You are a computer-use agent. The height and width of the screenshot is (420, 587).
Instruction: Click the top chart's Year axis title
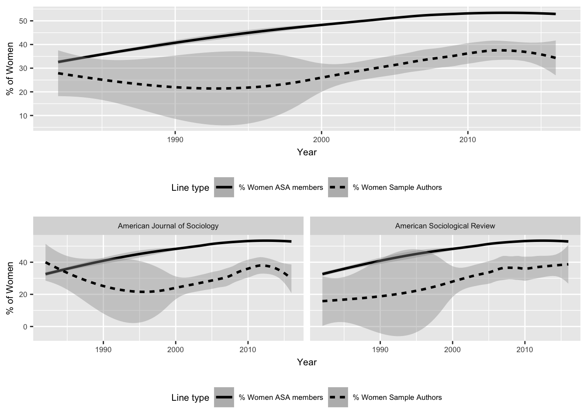point(307,152)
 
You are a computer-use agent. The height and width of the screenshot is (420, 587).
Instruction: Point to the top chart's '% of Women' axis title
point(10,68)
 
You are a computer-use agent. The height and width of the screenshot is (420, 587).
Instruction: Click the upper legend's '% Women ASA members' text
point(281,188)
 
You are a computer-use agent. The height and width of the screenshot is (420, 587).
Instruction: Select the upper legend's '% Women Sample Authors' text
point(397,188)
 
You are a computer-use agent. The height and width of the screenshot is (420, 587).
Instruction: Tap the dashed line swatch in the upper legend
point(338,188)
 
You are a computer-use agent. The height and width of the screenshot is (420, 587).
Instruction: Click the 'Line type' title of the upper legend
point(190,188)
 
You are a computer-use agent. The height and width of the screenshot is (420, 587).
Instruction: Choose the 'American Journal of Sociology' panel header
point(168,226)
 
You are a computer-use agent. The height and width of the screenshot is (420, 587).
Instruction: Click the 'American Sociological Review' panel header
point(445,226)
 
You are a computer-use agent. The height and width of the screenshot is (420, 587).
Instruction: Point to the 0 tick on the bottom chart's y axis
point(25,327)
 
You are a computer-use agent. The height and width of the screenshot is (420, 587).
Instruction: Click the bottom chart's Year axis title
point(307,362)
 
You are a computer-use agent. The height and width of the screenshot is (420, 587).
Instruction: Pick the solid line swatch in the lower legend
point(224,398)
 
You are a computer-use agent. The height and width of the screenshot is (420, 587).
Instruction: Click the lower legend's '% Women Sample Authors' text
point(397,398)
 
